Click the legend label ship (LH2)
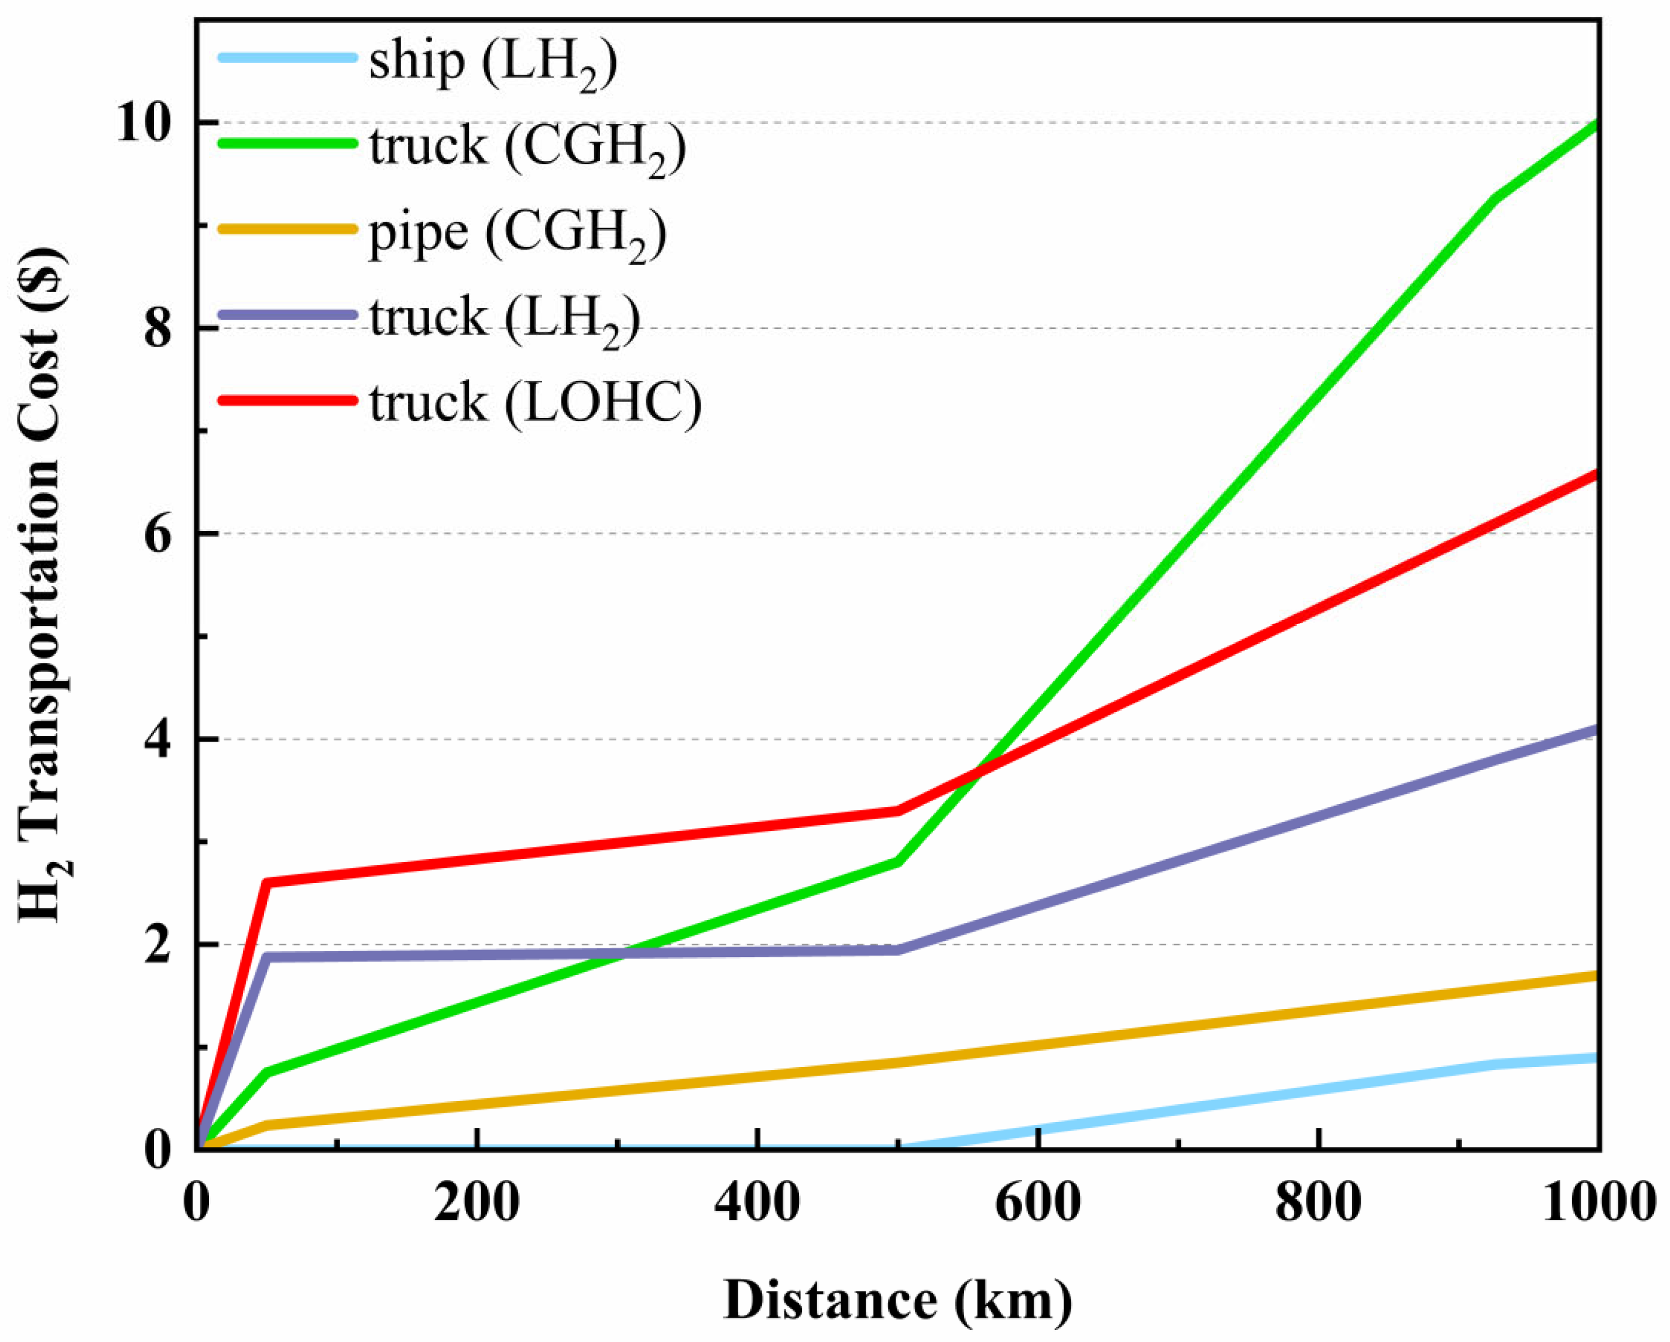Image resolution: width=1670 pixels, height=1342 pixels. tap(493, 64)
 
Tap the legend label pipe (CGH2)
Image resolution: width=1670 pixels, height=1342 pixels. tap(517, 234)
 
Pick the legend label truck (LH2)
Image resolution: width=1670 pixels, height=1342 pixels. tap(504, 319)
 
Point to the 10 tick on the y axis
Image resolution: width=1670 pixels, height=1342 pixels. tap(144, 124)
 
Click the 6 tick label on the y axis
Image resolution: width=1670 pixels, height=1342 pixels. tap(158, 534)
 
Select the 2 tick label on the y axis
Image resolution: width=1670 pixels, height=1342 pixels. tap(158, 945)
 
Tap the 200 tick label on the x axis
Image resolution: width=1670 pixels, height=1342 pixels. tap(477, 1205)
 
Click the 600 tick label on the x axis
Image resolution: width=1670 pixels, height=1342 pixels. tap(1037, 1205)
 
